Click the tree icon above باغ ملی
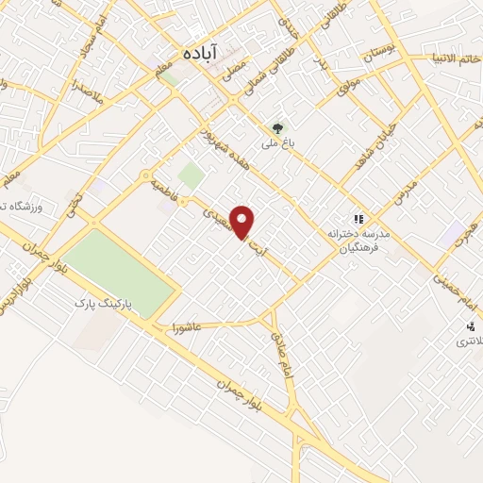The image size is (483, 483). coord(277,127)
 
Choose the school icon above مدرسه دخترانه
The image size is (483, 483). coord(358,217)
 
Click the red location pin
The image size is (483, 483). coord(244,222)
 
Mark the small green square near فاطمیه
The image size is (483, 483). coord(192,175)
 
